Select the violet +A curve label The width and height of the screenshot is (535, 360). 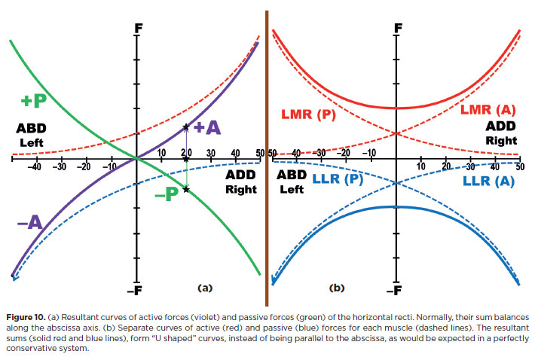pos(206,127)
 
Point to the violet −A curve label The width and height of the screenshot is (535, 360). pos(29,221)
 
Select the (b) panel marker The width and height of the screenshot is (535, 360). pos(336,288)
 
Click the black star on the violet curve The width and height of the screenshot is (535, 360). pos(186,128)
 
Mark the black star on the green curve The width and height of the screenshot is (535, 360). pos(186,189)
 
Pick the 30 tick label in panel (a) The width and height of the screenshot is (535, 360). pos(210,153)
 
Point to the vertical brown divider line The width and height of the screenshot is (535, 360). pos(267,151)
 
